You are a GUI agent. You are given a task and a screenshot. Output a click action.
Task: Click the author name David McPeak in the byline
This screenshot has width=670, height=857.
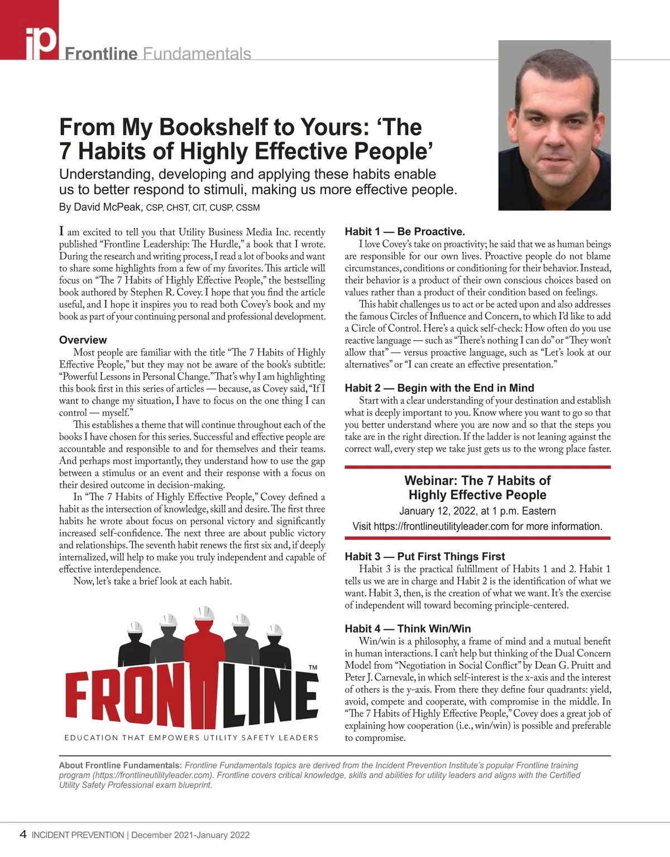pos(100,207)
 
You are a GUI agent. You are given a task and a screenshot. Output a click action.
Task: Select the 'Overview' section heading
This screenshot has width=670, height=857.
pos(83,340)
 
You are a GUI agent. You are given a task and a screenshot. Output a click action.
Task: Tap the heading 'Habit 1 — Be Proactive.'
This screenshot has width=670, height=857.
pos(405,232)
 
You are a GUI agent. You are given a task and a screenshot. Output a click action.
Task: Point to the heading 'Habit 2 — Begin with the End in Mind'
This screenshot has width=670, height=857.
pos(439,388)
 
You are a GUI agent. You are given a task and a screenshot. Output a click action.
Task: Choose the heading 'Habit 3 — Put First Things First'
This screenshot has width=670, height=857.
pos(425,557)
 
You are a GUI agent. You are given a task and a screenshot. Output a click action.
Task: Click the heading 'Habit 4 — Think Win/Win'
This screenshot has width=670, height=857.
pos(408,629)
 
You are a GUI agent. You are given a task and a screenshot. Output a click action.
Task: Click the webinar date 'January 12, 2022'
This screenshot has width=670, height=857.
pos(437,511)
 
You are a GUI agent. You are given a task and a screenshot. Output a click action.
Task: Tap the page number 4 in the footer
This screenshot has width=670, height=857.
pos(23,835)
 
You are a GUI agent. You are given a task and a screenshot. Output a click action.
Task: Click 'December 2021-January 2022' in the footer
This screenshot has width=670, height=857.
pos(190,835)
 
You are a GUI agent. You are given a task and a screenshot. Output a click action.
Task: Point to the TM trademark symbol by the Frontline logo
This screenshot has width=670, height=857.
pos(313,668)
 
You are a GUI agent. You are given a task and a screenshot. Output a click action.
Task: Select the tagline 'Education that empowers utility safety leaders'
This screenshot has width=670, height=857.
pos(192,738)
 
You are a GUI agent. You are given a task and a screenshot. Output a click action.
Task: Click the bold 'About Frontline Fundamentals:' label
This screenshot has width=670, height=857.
pos(121,765)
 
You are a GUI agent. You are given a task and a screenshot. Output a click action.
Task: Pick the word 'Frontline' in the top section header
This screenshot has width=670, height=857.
pos(101,54)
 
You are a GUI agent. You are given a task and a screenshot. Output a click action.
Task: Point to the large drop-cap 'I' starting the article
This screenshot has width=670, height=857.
pos(61,231)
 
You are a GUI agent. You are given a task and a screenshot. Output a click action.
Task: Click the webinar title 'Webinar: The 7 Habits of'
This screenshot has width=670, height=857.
pos(477,481)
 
